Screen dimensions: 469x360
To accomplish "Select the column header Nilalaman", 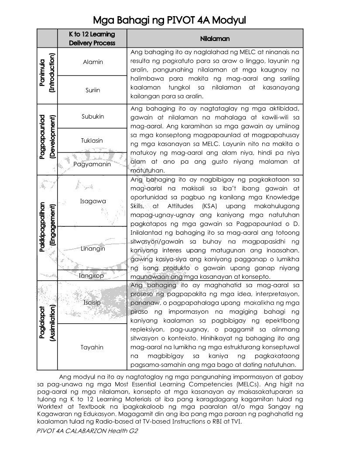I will pos(215,38).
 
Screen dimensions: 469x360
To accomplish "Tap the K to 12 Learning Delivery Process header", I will pos(92,38).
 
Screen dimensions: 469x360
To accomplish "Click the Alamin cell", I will pos(93,62).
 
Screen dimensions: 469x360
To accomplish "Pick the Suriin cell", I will pos(93,90).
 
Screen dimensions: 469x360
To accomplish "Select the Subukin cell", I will pos(93,116).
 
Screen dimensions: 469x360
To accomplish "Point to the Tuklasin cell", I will pos(92,140).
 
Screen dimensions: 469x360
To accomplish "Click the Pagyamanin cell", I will pos(92,164).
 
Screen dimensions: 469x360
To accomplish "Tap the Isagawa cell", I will pos(93,201).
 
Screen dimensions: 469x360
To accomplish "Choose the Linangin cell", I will pos(93,249).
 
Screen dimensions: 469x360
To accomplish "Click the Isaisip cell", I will pos(92,302).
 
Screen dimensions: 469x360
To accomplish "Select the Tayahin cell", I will pos(92,347).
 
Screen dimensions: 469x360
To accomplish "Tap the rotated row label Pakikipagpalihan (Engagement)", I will pos(48,227).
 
